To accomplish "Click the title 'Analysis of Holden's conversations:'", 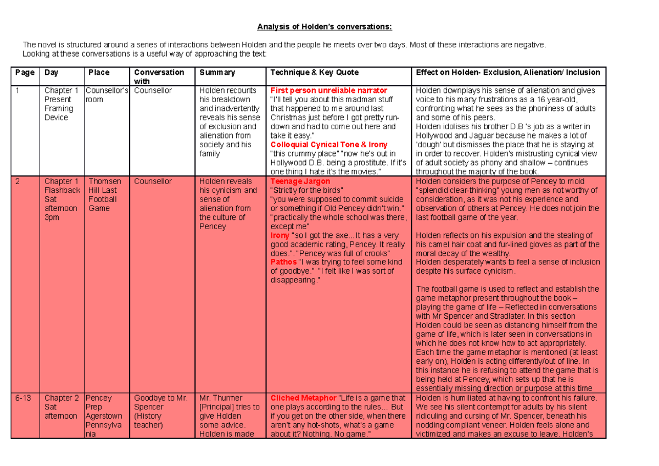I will pos(326,27).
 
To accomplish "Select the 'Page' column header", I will pos(25,73).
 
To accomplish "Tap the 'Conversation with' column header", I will pos(159,76).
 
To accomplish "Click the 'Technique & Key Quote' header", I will pos(314,73).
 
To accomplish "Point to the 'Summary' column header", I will pos(217,73).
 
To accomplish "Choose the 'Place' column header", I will pos(99,73).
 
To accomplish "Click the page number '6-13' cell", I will pos(24,398).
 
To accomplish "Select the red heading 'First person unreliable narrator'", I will pos(328,91).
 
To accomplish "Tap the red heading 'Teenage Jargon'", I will pos(300,181).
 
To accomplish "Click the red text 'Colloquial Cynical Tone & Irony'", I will pos(328,145).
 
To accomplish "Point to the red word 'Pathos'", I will pos(283,262).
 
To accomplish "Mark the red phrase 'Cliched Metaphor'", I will pos(303,398).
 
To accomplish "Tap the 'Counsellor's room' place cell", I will pos(108,95).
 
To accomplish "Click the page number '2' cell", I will pos(18,181).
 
